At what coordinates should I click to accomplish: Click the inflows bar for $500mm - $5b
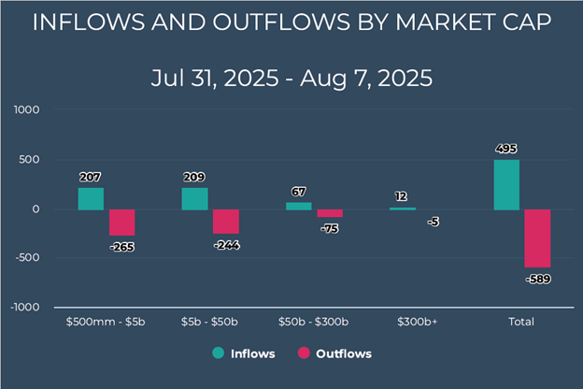(x=91, y=198)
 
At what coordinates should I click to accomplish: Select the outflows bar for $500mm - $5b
(x=122, y=223)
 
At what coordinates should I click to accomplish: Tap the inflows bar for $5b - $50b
(x=194, y=198)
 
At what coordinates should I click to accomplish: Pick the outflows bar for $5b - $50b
(x=226, y=222)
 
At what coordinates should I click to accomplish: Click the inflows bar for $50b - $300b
(x=298, y=206)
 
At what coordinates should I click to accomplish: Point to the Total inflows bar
(x=505, y=184)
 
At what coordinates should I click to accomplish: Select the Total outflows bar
(x=537, y=238)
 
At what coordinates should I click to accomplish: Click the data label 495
(x=505, y=148)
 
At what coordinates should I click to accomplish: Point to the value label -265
(x=121, y=247)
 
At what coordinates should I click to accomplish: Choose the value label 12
(x=401, y=196)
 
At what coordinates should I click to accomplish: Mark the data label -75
(x=329, y=228)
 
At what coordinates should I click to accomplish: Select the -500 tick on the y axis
(x=28, y=258)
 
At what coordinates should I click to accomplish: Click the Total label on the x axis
(x=520, y=322)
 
